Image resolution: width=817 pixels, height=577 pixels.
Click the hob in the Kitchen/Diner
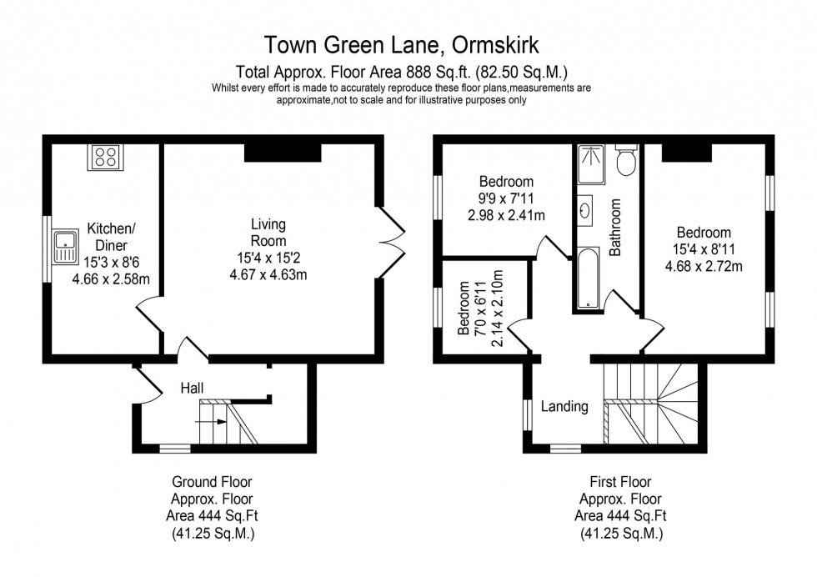pyautogui.click(x=106, y=158)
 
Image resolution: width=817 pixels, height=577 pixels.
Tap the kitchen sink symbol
pyautogui.click(x=64, y=246)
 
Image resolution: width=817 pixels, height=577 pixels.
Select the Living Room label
pyautogui.click(x=268, y=233)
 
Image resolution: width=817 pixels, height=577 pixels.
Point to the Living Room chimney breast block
pyautogui.click(x=283, y=153)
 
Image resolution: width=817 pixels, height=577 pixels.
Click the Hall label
pyautogui.click(x=193, y=388)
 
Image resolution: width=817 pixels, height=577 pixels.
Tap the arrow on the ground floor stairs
pyautogui.click(x=214, y=422)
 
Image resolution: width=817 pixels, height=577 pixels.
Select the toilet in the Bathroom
pyautogui.click(x=625, y=161)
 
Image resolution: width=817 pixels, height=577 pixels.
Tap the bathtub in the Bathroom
pyautogui.click(x=588, y=278)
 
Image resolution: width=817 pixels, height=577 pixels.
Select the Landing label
pyautogui.click(x=564, y=407)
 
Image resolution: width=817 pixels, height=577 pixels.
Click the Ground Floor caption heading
pyautogui.click(x=212, y=482)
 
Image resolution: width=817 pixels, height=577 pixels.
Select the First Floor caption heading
pyautogui.click(x=620, y=482)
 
